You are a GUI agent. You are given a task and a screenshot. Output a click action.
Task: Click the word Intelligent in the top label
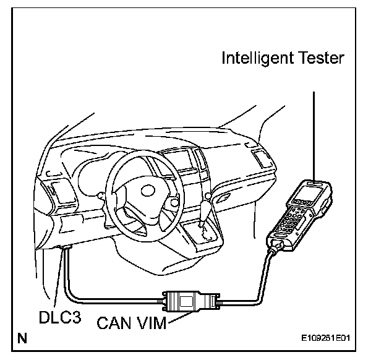(250, 60)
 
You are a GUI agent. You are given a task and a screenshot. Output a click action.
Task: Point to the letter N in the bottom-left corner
(23, 338)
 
